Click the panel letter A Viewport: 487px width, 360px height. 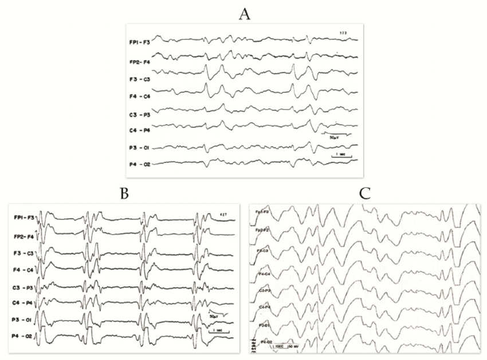245,15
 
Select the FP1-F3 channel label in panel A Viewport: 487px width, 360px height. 140,42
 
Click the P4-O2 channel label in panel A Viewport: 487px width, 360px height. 140,165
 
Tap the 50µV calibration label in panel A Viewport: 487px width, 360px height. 335,138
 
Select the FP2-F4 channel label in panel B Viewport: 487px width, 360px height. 25,236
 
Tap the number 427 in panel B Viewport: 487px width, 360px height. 223,216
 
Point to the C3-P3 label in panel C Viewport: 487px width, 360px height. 264,291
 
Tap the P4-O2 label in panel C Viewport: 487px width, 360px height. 268,342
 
